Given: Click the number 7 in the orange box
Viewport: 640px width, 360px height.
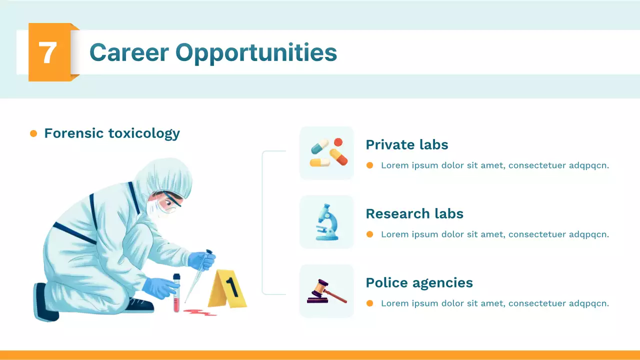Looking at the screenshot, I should (47, 52).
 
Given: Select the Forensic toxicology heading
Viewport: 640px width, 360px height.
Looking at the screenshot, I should (112, 133).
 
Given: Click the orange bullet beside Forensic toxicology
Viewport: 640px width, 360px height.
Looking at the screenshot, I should (33, 133).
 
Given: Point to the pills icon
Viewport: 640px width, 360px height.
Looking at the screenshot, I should (327, 153).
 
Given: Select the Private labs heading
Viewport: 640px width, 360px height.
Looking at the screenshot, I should (406, 145).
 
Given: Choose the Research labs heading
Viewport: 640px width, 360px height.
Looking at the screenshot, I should (414, 214).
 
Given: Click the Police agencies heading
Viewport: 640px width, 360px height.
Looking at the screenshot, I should (419, 283).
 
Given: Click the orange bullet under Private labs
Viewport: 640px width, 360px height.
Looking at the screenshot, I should (370, 165).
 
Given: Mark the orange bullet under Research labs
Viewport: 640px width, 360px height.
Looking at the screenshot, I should (370, 234).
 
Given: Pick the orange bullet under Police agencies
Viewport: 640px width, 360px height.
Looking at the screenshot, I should (370, 303).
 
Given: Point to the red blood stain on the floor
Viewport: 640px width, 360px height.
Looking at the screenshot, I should (199, 312).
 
